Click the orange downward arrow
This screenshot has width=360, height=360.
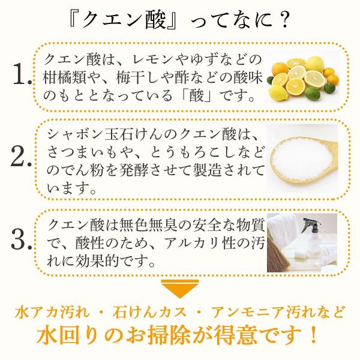click(x=180, y=288)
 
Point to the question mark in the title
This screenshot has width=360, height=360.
click(x=282, y=20)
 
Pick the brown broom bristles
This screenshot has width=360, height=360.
click(x=277, y=256)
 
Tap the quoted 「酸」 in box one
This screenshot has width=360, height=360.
click(x=197, y=95)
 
